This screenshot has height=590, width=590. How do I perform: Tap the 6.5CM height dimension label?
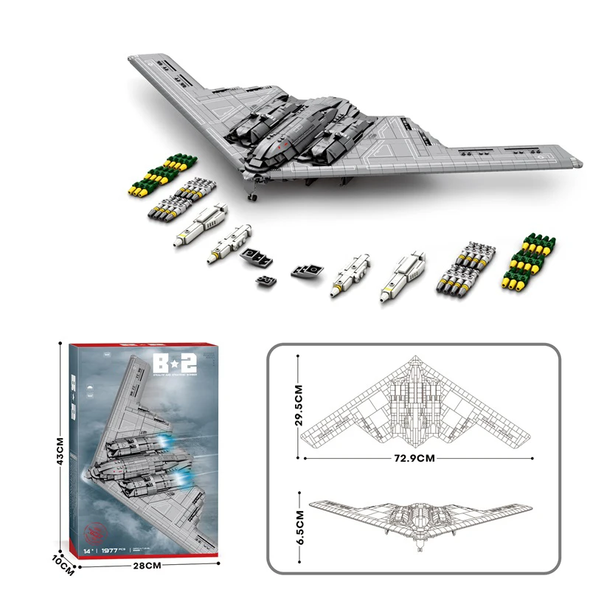tap(299, 527)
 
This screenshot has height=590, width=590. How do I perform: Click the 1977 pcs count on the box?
tap(114, 549)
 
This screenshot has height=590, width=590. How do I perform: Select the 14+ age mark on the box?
tap(89, 549)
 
